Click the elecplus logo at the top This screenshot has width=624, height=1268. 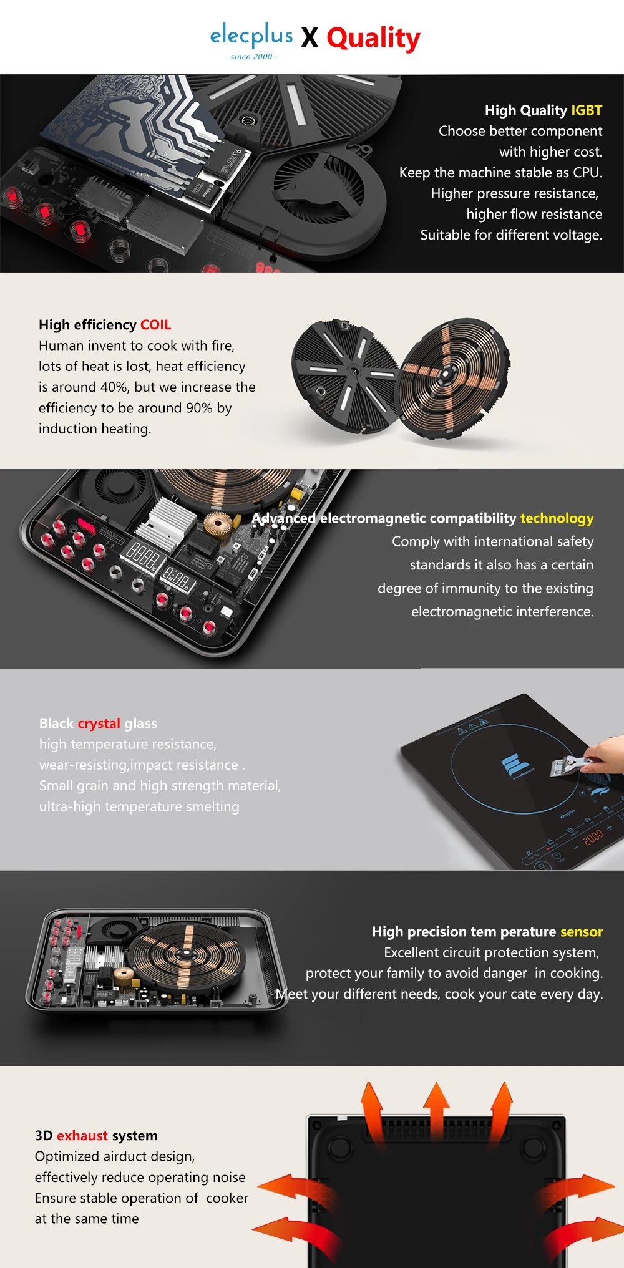click(251, 36)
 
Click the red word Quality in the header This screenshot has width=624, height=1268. click(373, 39)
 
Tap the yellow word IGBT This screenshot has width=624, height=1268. click(587, 110)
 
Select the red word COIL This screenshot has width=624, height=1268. click(155, 325)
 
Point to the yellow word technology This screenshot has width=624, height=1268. click(557, 519)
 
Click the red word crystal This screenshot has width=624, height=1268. click(99, 724)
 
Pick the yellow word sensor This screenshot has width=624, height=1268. click(582, 932)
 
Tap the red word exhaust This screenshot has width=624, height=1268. click(82, 1136)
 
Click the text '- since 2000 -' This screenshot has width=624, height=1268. click(251, 57)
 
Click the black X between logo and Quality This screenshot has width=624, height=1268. click(310, 38)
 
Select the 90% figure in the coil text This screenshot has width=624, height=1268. click(199, 408)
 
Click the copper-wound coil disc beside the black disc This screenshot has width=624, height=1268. click(454, 377)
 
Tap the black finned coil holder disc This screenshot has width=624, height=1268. click(346, 376)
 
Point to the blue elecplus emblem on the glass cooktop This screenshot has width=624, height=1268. click(515, 765)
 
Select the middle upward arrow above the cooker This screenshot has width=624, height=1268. click(436, 1109)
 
